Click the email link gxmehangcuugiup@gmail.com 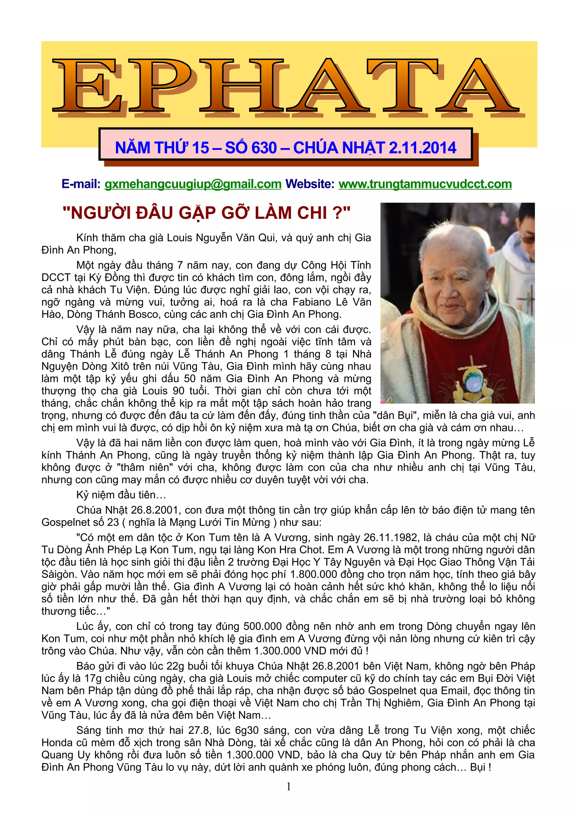click(x=193, y=184)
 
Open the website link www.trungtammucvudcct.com click(x=425, y=184)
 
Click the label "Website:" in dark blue click(x=310, y=184)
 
